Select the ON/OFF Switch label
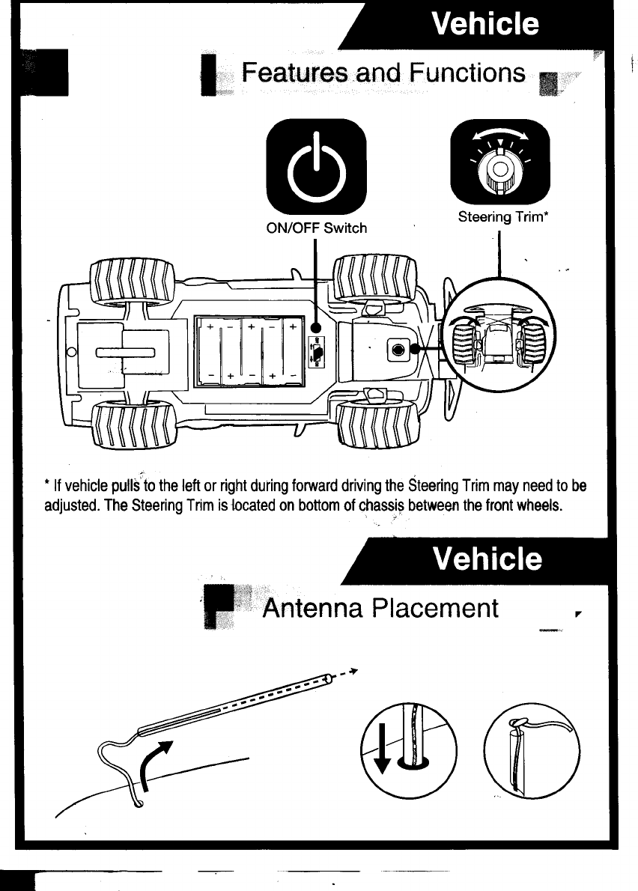pos(317,228)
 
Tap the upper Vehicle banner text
pos(485,24)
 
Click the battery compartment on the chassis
pos(249,351)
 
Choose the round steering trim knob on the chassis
pos(398,349)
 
